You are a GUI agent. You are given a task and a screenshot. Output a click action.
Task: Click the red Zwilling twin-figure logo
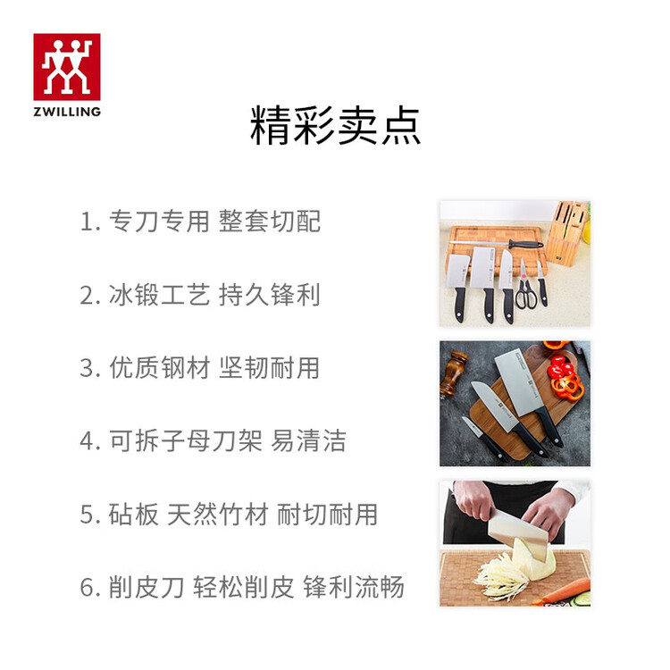67,67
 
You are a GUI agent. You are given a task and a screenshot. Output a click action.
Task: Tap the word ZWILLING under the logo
67,112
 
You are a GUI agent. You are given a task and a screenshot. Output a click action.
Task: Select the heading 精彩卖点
335,126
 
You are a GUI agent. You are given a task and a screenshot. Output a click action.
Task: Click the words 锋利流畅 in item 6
354,587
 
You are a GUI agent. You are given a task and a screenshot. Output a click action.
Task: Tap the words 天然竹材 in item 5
217,514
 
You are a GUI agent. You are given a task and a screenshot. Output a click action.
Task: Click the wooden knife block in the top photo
567,233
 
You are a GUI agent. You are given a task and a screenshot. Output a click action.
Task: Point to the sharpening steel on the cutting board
497,245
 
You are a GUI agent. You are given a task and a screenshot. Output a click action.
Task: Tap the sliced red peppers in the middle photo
565,376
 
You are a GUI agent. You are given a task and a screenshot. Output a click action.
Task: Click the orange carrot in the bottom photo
564,591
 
